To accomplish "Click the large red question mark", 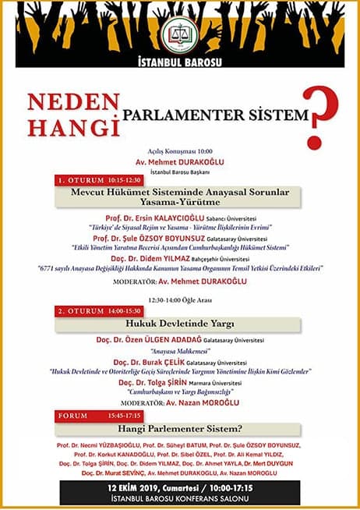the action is point(319,118).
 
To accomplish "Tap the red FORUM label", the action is point(75,415).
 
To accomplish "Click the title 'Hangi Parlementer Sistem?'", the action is point(180,428).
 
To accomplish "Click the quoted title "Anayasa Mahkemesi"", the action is point(180,350).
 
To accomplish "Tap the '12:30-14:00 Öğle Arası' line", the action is point(180,299).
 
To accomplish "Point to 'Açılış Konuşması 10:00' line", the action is point(180,151).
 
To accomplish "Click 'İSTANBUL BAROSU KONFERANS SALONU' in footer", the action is point(180,497).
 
